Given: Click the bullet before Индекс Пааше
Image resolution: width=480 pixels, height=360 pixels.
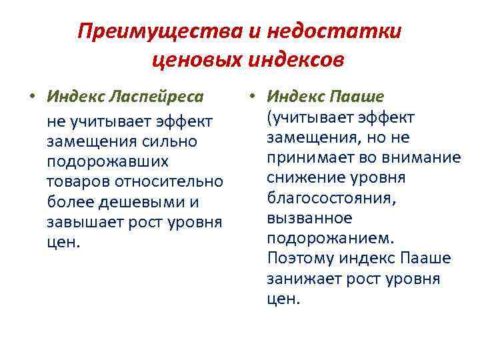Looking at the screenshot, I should point(251,97).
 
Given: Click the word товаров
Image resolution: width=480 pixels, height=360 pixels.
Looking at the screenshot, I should point(77,182).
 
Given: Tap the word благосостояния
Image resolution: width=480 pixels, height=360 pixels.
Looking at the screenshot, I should point(323,198).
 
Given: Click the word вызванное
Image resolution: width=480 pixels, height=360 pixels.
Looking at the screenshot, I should point(300,218).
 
